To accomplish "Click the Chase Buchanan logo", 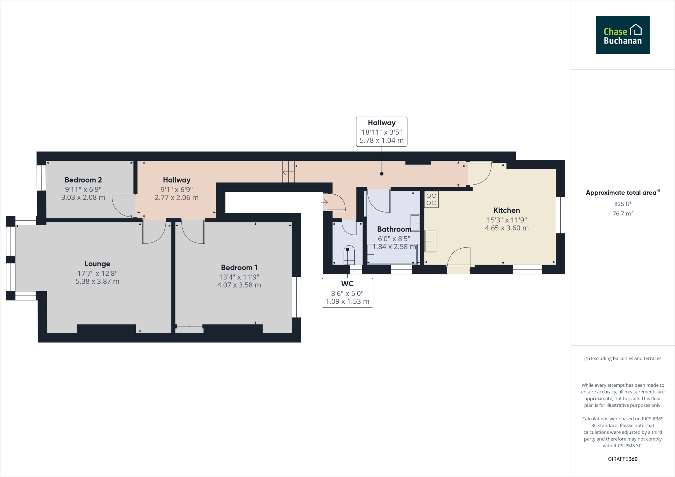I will point(622,35).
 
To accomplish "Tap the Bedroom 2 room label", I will point(83,180).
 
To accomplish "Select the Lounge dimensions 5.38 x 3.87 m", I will point(97,282).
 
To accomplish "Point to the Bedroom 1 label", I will point(239,267).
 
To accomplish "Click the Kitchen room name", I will point(507,210).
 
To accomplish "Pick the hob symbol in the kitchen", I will point(431,199).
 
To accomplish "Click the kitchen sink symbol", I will point(430,241).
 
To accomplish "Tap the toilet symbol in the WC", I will point(348,255).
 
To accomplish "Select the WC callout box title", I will point(347,284).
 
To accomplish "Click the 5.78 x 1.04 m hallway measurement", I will point(381,140).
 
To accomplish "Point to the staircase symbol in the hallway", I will point(288,172).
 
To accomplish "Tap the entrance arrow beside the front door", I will point(324,202).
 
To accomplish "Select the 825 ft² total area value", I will point(622,204).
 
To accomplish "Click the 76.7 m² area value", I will point(622,213).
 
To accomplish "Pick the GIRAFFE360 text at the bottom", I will point(622,459).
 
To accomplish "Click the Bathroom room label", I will point(394,229).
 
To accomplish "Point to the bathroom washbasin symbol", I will point(415,223).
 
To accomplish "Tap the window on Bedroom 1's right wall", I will point(296,297).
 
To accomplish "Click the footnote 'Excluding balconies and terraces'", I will point(622,358).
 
